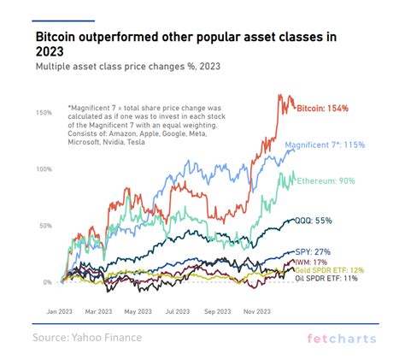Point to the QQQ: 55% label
(x=316, y=221)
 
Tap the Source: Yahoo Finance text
(x=87, y=338)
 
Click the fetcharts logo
(x=341, y=339)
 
